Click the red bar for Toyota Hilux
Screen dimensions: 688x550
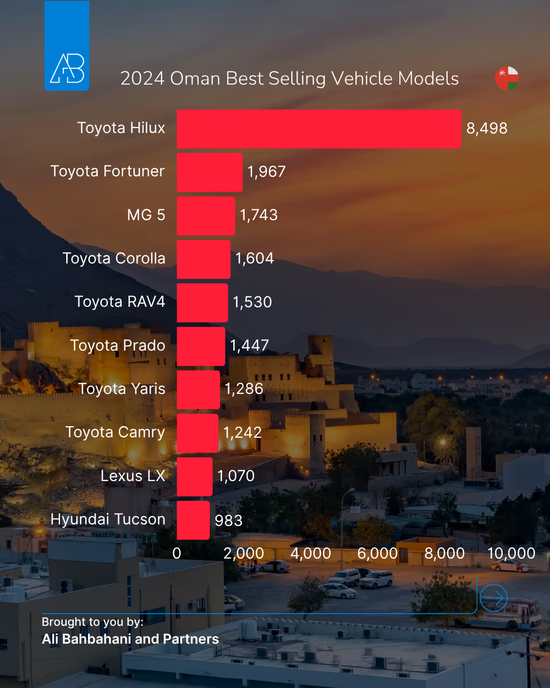(x=319, y=129)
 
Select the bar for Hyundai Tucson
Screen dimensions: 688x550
(x=193, y=520)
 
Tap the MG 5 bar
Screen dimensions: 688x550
(x=206, y=216)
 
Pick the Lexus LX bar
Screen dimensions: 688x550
(x=195, y=477)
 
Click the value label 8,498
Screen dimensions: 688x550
(x=487, y=128)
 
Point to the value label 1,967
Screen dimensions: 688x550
(x=266, y=172)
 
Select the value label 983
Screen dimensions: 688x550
(x=229, y=520)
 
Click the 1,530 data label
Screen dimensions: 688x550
(x=252, y=302)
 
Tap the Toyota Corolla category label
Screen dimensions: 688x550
(x=114, y=258)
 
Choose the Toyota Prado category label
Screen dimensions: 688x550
(x=118, y=346)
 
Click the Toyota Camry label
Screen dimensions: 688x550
(x=115, y=432)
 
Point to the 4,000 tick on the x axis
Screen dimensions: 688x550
(x=311, y=553)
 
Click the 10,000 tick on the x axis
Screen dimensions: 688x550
(x=511, y=553)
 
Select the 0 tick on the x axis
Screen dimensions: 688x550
(x=177, y=553)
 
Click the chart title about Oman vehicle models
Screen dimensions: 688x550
(x=289, y=78)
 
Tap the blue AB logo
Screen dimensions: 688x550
(x=67, y=46)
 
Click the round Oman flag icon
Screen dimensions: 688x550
(x=507, y=78)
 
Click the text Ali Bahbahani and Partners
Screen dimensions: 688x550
(x=130, y=639)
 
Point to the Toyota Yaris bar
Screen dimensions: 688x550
(x=198, y=389)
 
